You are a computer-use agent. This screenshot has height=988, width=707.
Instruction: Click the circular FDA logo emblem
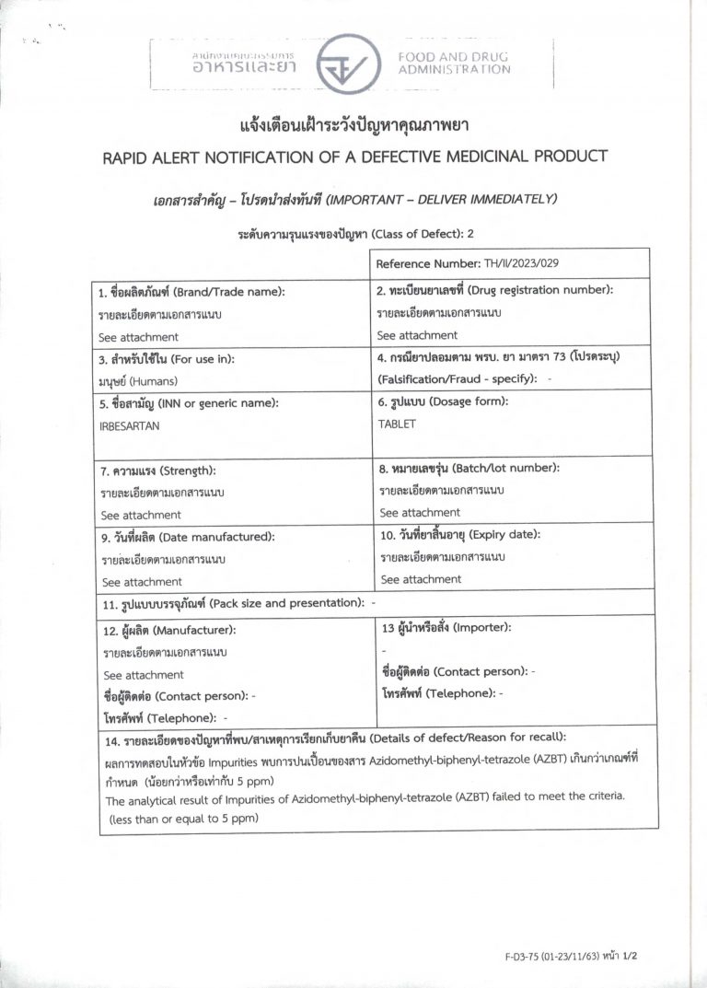(348, 64)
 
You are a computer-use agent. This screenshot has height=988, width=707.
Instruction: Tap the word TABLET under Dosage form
(397, 424)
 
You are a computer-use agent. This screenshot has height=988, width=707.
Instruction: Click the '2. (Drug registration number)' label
(495, 290)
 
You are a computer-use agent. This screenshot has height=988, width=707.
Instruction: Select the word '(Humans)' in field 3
(154, 380)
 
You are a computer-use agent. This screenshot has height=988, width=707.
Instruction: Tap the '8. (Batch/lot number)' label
(469, 468)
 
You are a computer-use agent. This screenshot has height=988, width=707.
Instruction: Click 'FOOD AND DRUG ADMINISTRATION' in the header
(453, 63)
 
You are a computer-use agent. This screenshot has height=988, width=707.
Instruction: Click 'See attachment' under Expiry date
(421, 579)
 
